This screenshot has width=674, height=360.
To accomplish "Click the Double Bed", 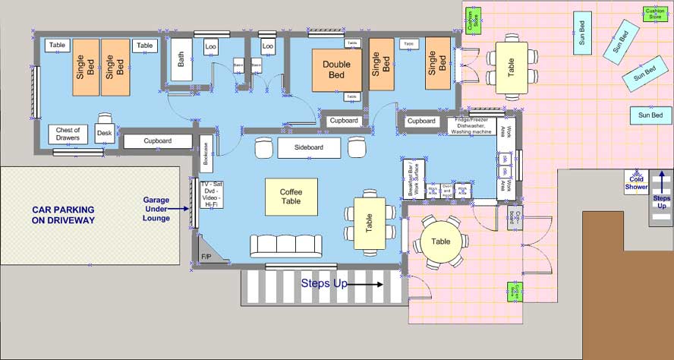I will (336, 70).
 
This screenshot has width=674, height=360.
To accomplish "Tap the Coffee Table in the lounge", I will (291, 197).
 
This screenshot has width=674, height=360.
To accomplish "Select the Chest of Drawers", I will (68, 134).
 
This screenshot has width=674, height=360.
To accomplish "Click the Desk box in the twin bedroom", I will (105, 134).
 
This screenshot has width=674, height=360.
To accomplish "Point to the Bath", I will (181, 59).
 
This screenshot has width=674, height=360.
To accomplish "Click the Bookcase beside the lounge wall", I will (206, 155).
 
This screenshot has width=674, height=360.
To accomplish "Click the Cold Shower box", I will (636, 183).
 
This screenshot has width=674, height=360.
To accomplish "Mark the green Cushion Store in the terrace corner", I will (654, 14).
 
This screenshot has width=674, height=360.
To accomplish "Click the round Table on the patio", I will (441, 242).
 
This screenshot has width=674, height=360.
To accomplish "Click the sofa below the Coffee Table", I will (286, 245).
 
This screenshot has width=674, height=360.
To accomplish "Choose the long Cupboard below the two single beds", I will (157, 141).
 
